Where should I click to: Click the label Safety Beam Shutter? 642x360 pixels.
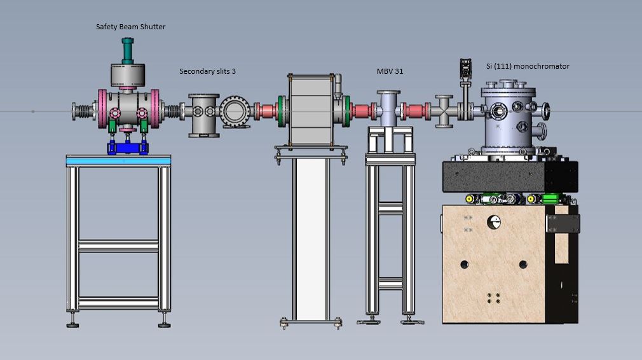point(130,27)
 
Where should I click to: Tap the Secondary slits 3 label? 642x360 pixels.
point(207,71)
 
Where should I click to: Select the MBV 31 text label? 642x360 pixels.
point(390,71)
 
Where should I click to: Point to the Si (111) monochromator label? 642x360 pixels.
point(528,66)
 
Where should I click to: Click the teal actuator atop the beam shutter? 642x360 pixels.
point(127,51)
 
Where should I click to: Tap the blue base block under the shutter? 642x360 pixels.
point(127,148)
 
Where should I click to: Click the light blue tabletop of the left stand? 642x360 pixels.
point(118,161)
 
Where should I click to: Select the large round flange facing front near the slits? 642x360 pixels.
point(235,111)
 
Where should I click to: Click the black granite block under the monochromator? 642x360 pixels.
point(510,176)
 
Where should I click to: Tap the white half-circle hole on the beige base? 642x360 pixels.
point(493,223)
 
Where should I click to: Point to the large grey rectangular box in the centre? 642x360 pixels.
point(311,110)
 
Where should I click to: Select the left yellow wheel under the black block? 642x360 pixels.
point(470,199)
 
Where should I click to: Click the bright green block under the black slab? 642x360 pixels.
point(550,199)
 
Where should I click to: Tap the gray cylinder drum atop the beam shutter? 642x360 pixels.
point(128,75)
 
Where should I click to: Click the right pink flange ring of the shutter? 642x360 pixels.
point(154,109)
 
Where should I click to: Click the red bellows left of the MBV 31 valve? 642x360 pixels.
point(363,111)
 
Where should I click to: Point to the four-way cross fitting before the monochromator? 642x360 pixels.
point(444,111)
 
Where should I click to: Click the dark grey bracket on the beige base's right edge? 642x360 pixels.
point(563,224)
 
